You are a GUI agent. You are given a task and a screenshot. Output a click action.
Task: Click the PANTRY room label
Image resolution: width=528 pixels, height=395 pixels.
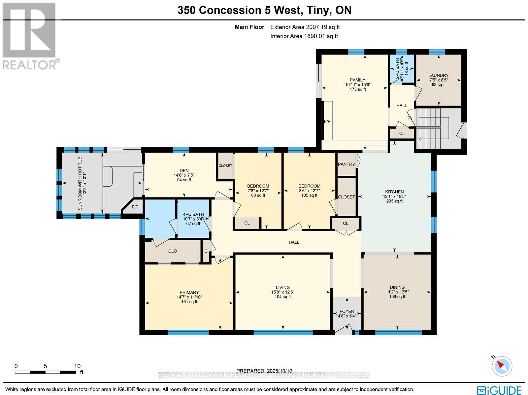point(346,164)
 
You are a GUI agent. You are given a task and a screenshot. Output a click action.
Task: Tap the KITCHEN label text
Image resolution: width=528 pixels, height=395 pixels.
point(394,192)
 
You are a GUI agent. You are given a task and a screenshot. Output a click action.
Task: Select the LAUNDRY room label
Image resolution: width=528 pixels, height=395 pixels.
point(439,76)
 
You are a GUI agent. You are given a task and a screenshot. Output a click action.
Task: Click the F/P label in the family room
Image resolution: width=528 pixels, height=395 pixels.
point(327,121)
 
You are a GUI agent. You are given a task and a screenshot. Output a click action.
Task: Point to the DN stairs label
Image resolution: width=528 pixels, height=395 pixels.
point(410,118)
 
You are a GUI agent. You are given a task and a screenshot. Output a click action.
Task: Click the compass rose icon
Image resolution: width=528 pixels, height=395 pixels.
point(502,366)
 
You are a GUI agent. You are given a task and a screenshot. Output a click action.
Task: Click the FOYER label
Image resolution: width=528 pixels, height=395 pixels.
point(347,311)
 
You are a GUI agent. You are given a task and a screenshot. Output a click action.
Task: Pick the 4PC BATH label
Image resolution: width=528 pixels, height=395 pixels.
point(193,214)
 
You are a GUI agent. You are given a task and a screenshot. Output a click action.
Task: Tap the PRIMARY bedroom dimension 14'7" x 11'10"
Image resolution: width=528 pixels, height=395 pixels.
point(189,297)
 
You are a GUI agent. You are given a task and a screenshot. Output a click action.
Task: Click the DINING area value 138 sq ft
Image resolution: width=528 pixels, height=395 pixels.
point(397,297)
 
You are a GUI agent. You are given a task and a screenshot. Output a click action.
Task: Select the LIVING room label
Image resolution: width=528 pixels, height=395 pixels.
point(283,288)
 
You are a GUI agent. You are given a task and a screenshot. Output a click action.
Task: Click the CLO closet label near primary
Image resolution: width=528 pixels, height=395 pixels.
point(173,251)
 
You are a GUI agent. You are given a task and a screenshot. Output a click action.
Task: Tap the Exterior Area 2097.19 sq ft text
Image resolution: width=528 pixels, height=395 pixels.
point(305,27)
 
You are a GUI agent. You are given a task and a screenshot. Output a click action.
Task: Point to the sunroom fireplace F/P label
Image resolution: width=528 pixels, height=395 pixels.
point(135,207)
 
